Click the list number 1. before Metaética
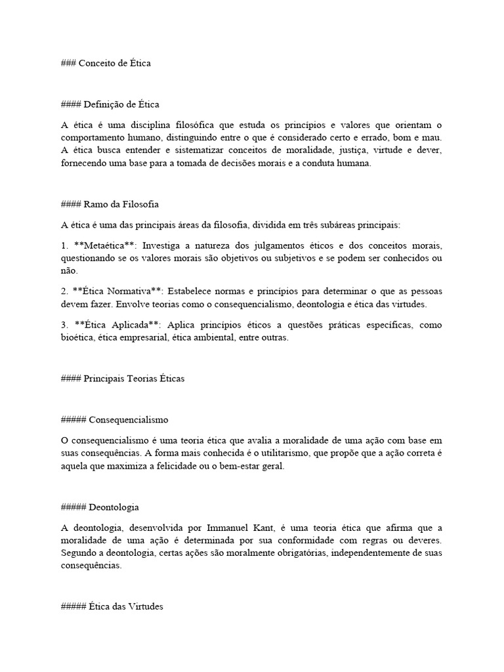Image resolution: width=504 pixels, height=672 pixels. point(64,245)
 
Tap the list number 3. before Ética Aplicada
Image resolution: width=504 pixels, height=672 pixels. point(64,325)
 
